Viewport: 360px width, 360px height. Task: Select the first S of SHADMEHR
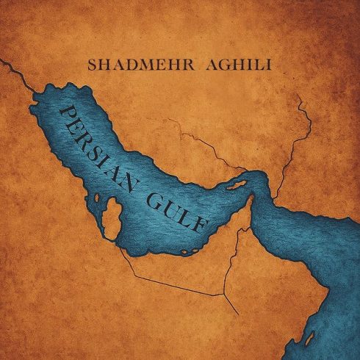92,64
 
